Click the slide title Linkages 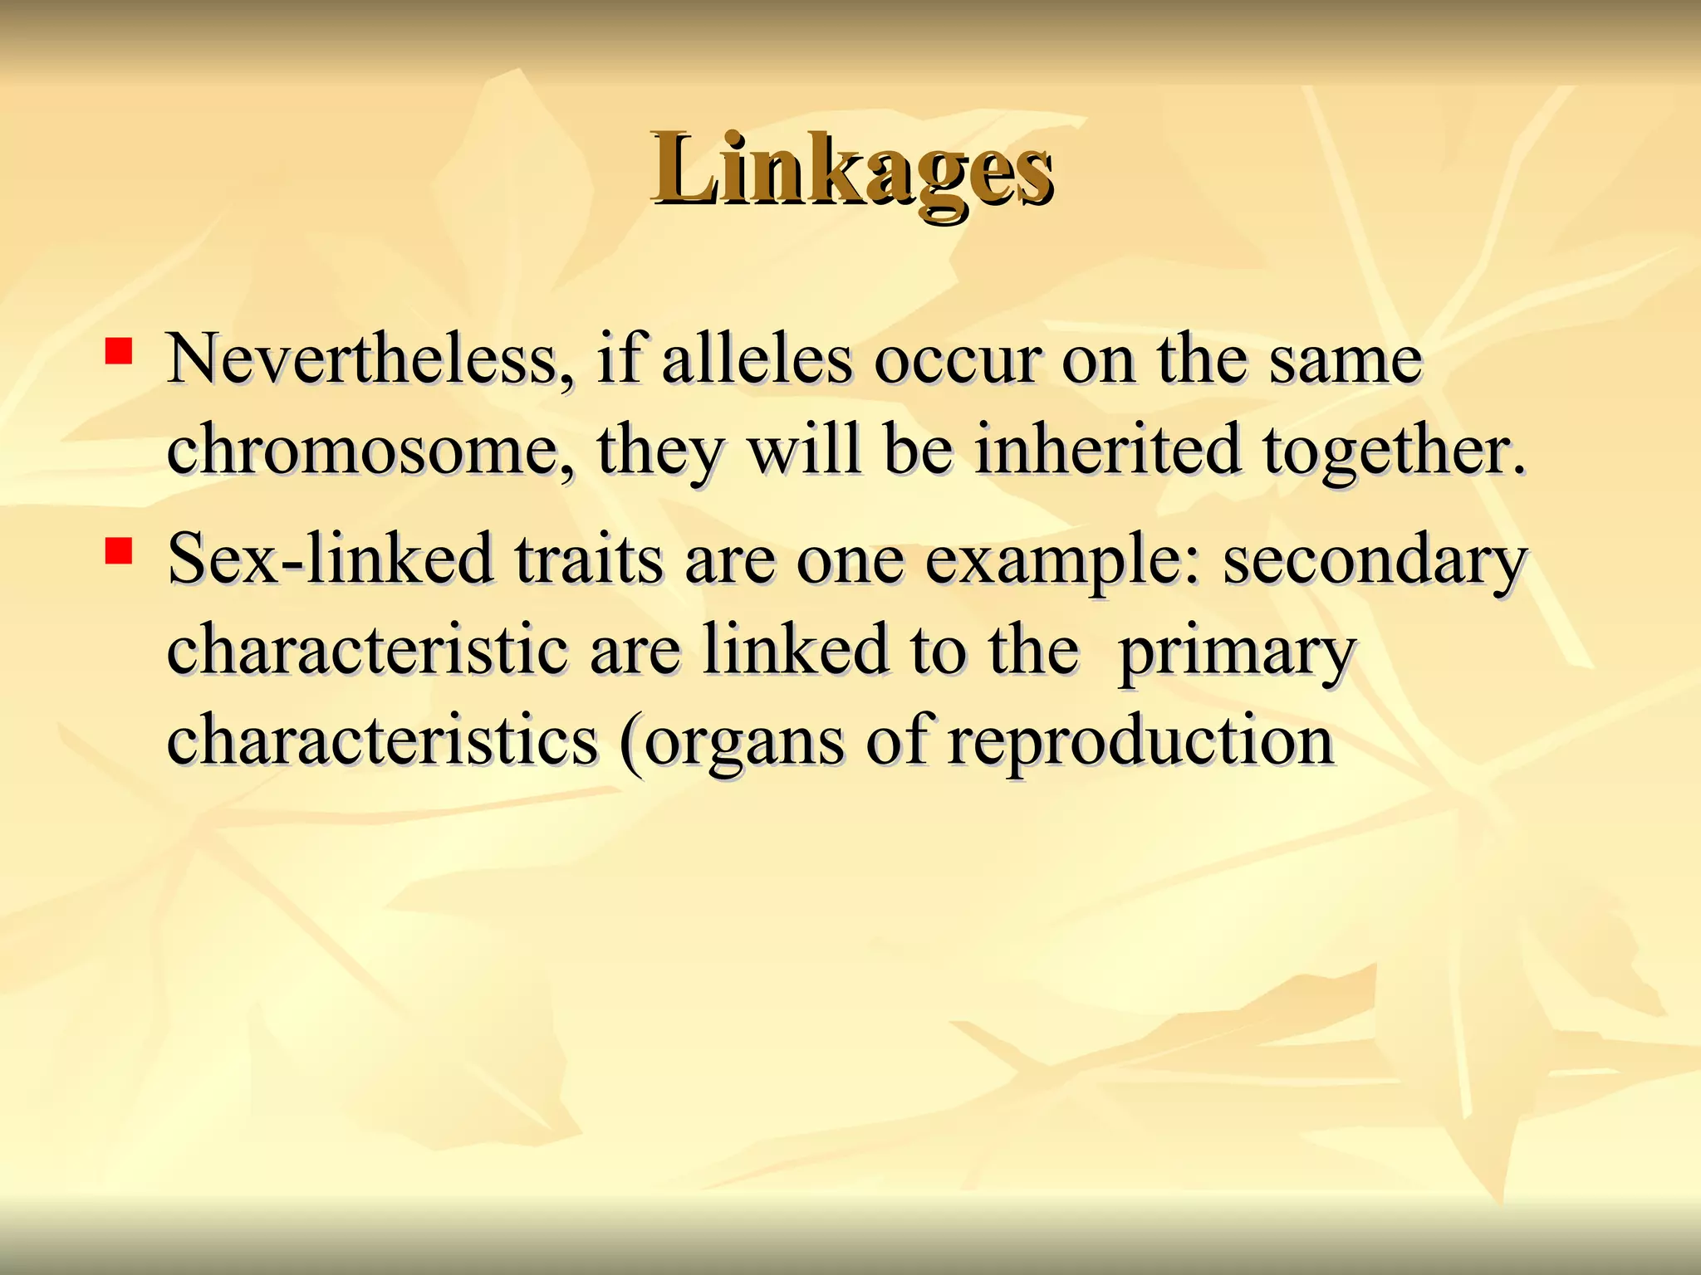click(x=852, y=170)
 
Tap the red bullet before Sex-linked click(x=119, y=550)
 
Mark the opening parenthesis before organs click(x=632, y=743)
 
